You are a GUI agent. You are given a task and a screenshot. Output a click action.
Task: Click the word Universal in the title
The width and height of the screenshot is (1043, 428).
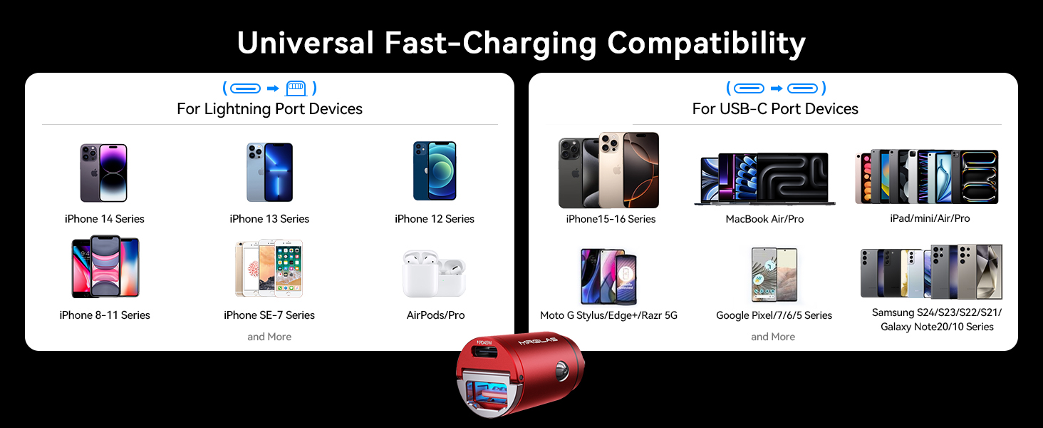tap(305, 44)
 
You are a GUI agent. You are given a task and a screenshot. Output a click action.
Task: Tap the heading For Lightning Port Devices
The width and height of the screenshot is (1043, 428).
tap(269, 109)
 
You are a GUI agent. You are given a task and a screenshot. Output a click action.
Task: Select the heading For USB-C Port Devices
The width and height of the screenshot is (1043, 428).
tap(775, 109)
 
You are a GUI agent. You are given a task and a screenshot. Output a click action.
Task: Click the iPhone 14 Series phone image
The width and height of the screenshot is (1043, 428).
tap(104, 173)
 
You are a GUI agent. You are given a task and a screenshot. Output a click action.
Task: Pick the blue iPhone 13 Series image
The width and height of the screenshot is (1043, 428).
tap(269, 172)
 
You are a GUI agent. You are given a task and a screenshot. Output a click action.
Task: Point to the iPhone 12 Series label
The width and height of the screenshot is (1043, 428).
tap(435, 219)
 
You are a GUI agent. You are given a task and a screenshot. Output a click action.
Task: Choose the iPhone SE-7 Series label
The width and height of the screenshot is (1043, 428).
tap(269, 315)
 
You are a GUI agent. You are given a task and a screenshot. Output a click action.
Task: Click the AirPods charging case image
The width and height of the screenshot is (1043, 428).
tap(434, 273)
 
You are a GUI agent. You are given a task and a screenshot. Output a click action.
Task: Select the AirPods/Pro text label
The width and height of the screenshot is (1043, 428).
tap(435, 315)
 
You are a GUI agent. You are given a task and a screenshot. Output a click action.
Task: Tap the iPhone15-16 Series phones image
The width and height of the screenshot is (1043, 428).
tap(609, 170)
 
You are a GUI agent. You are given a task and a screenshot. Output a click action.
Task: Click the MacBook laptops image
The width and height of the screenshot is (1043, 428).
tap(764, 179)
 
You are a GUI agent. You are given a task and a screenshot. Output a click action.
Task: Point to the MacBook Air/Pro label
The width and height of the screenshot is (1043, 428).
tap(764, 219)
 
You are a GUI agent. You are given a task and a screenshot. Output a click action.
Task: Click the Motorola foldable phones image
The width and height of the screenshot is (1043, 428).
tap(608, 276)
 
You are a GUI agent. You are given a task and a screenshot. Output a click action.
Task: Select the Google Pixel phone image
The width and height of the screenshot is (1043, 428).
tap(774, 275)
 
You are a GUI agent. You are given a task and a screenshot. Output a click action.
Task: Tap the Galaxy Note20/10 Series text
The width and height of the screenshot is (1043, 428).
tap(937, 327)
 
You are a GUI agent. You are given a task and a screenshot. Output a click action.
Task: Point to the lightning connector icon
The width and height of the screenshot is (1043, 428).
tap(295, 88)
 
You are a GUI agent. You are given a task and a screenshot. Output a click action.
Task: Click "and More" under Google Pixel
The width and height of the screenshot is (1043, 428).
tap(773, 337)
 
